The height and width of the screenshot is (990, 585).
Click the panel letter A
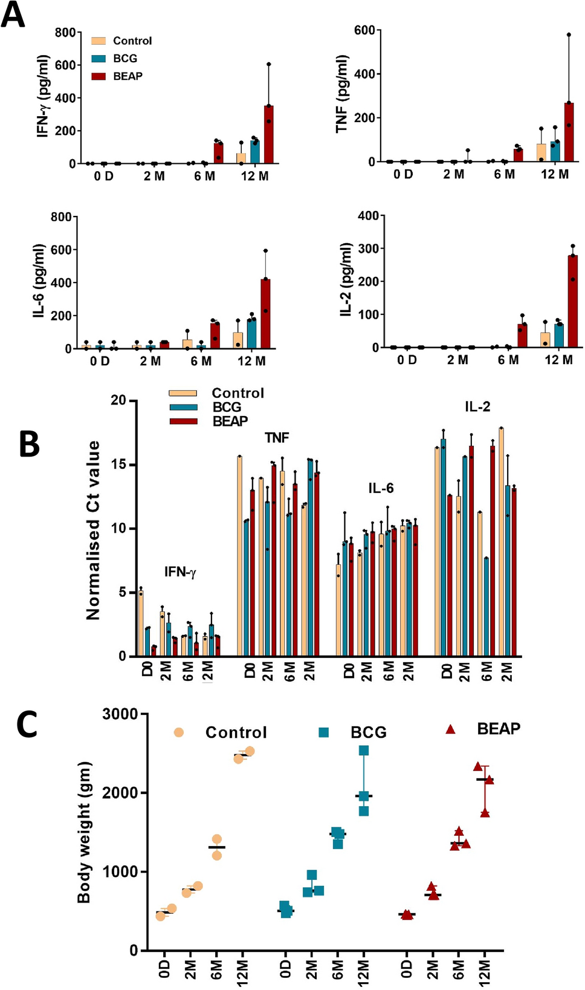pos(13,15)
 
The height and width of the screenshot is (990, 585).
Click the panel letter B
pos(29,445)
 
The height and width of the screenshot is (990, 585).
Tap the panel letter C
pos(27,724)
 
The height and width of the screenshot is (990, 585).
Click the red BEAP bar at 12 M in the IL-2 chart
pos(572,302)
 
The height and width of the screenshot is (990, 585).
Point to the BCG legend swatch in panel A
pos(99,59)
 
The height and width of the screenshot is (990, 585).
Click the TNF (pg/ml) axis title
pos(342,94)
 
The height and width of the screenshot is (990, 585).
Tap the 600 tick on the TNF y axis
pos(364,30)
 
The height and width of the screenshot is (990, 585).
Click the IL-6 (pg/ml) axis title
pos(39,281)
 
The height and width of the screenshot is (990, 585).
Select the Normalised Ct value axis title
pos(92,530)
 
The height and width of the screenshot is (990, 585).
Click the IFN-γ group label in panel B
pos(180,572)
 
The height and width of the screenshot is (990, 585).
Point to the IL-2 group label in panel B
pos(477,407)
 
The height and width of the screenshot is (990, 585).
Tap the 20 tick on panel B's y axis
pos(118,400)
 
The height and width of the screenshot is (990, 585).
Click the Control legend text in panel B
pos(238,393)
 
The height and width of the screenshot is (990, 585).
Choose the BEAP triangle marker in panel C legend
pos(450,729)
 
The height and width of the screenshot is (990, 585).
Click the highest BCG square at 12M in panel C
pos(364,751)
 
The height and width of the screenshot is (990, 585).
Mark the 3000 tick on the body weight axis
pos(120,714)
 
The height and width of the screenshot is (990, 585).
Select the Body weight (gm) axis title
pos(84,832)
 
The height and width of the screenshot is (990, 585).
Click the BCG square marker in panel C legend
pos(324,732)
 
